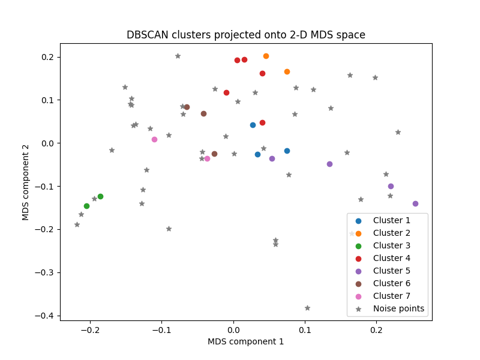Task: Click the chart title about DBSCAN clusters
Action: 246,35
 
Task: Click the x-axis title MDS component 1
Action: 246,341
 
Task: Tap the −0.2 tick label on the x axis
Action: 90,329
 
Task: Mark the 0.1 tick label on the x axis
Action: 305,329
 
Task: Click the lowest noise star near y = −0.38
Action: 307,308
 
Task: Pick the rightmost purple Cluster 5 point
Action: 415,203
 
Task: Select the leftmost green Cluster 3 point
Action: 86,206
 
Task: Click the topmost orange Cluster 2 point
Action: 266,56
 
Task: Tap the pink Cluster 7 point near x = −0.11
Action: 154,139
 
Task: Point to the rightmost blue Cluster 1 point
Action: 287,151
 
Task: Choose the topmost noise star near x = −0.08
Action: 178,56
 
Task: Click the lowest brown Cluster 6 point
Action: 214,154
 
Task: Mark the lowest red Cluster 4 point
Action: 262,122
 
